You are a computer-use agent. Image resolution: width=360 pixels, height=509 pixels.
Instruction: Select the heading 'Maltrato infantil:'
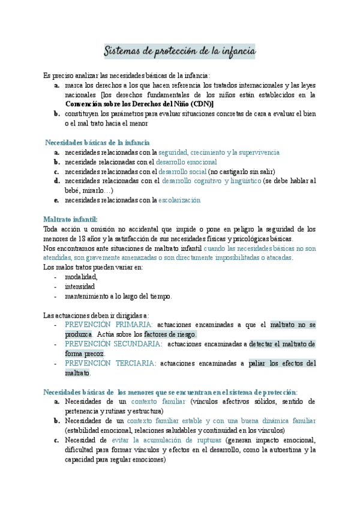pos(70,219)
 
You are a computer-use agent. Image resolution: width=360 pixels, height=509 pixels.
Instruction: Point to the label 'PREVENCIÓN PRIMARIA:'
pos(109,325)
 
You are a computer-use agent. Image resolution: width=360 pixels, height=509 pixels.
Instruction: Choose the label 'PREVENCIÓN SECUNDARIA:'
pos(113,344)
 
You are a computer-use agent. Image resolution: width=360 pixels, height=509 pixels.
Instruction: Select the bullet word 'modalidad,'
pos(81,277)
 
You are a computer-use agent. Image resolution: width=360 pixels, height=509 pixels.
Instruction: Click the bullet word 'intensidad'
pos(81,286)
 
